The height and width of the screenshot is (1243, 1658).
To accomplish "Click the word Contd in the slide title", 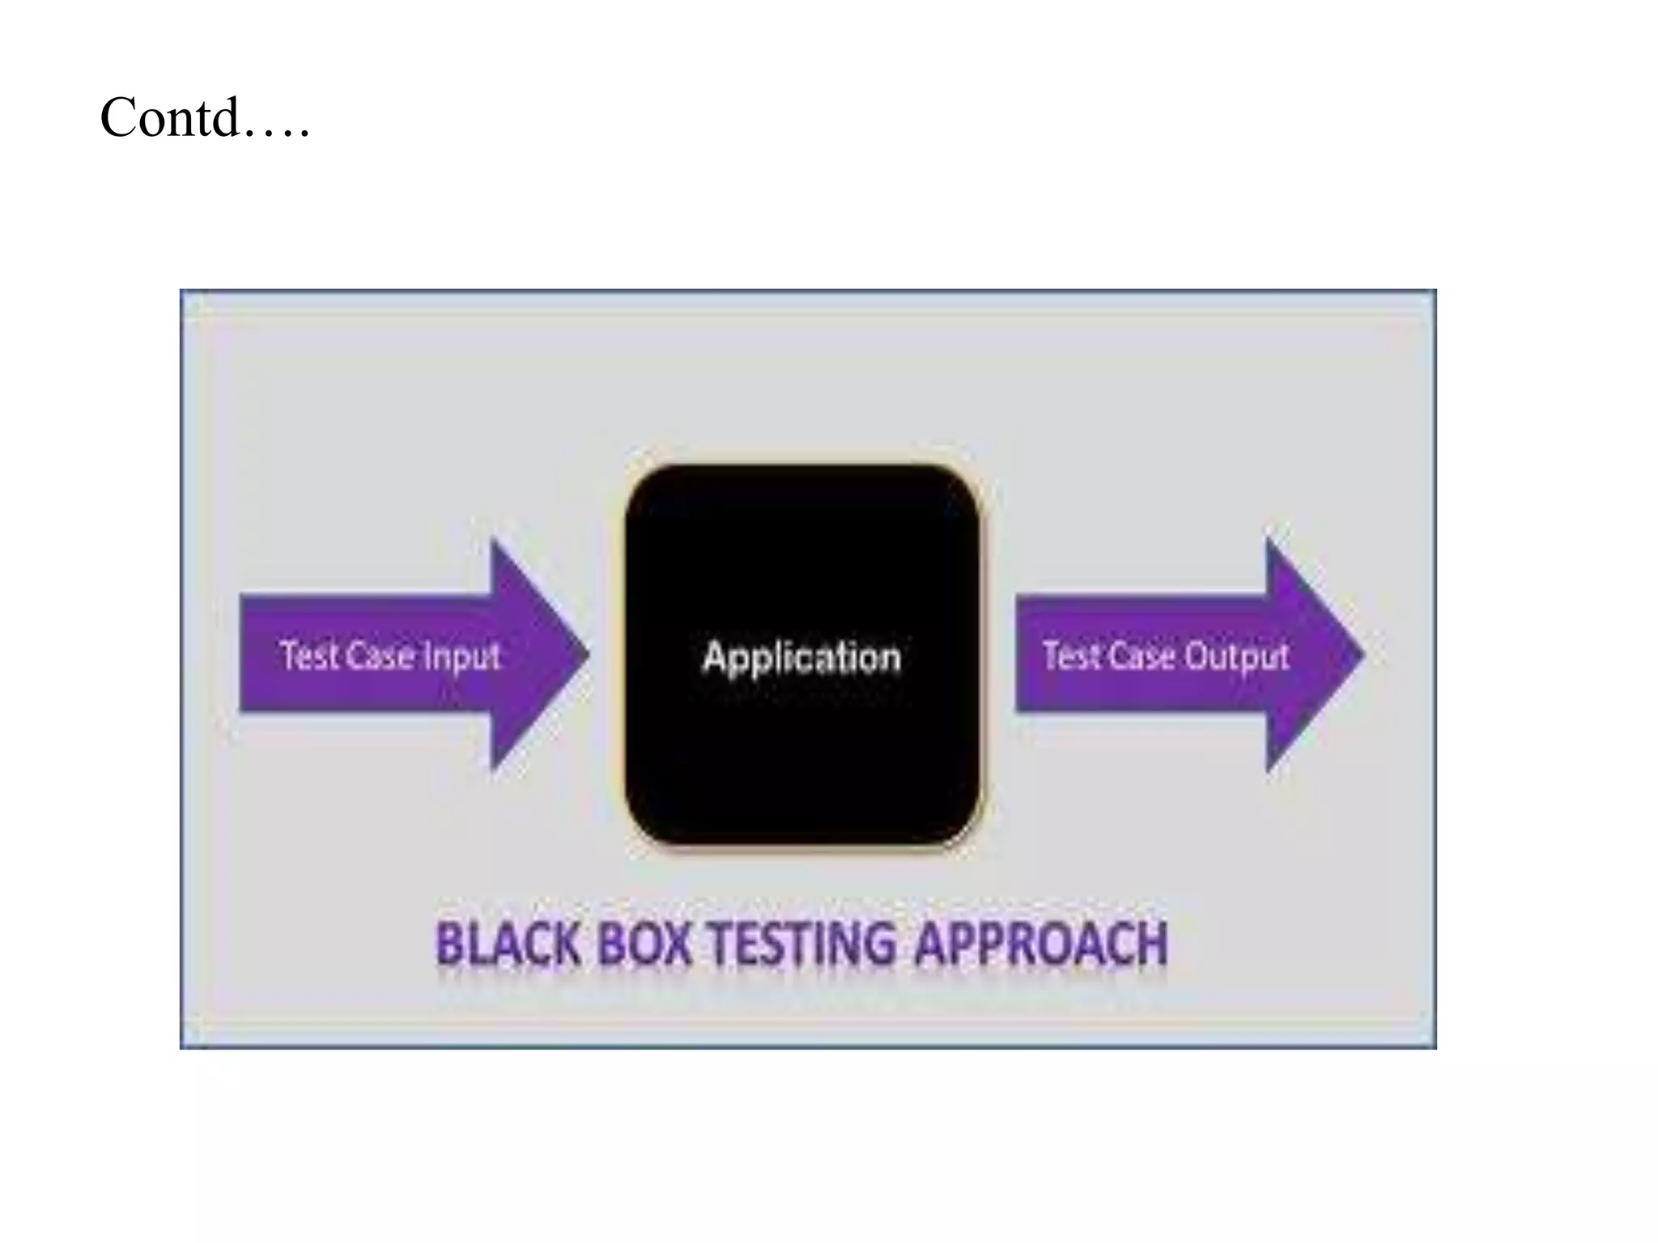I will click(x=170, y=118).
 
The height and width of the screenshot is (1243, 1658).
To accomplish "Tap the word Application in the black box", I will click(x=801, y=657).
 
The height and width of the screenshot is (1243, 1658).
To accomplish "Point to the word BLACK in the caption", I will click(x=508, y=944).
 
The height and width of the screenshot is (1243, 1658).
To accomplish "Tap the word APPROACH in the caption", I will click(x=1041, y=944).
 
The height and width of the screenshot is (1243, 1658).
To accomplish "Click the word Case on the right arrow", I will click(x=1135, y=655).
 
